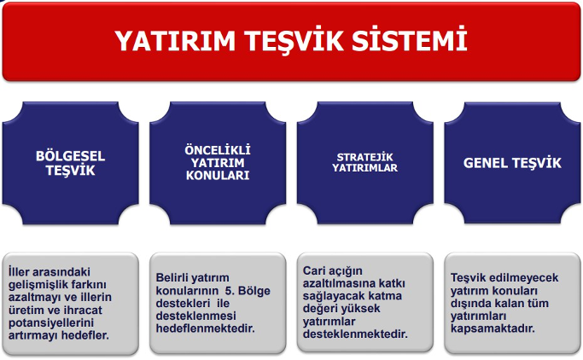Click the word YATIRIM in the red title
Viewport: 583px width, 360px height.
point(175,40)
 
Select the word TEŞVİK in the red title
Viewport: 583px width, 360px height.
point(294,40)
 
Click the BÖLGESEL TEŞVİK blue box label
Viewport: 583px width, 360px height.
point(70,163)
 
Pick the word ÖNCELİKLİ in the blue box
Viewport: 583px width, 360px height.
point(218,150)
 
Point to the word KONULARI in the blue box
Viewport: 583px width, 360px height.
point(218,176)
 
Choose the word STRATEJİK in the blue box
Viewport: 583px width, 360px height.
point(364,157)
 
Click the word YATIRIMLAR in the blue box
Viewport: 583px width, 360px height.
point(364,168)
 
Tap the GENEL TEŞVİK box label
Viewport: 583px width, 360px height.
point(512,163)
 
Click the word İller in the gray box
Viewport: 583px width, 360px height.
point(19,271)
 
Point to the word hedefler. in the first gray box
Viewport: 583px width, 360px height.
point(85,335)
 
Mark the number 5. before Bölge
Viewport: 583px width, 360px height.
point(230,291)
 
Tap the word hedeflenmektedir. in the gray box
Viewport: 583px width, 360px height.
point(205,328)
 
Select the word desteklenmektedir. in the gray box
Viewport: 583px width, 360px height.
point(355,334)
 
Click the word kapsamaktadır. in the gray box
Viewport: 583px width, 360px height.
point(493,328)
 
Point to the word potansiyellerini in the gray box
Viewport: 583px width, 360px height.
point(51,322)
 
